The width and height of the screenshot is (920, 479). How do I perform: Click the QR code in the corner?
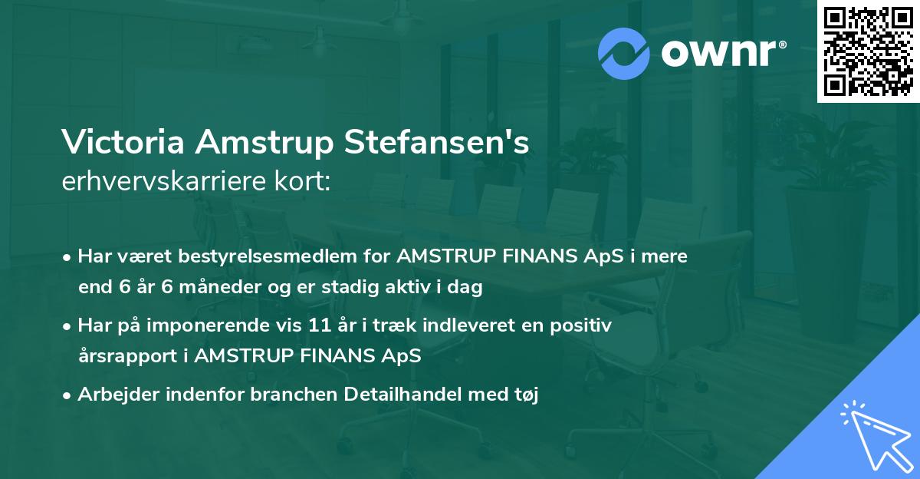coord(868,51)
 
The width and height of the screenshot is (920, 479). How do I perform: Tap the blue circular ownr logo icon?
coord(623,54)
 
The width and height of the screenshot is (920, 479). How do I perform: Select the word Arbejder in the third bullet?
coord(113,395)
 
